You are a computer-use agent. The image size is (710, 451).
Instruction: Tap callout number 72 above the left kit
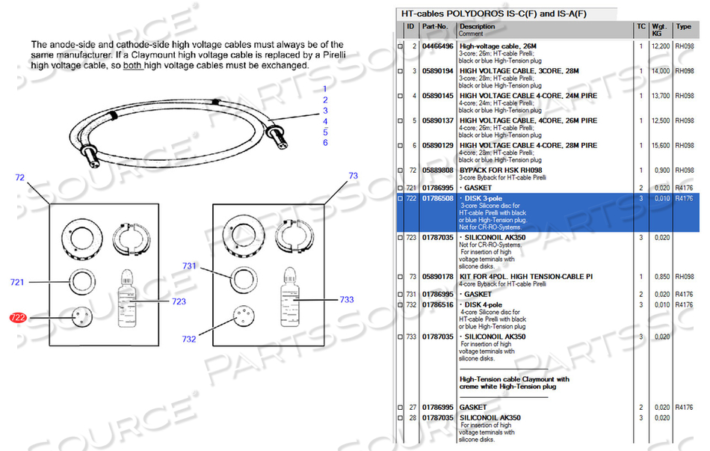(20, 177)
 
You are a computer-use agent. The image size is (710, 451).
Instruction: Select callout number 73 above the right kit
(354, 176)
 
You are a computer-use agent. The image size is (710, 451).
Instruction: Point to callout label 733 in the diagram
(346, 299)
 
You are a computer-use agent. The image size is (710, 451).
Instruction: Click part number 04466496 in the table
(437, 46)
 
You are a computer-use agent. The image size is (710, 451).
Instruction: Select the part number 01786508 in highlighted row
(437, 198)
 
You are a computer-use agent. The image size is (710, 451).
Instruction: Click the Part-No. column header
(435, 27)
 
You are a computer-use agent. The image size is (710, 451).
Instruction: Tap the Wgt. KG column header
(659, 30)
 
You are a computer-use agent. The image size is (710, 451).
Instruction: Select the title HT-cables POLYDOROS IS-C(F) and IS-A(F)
(494, 13)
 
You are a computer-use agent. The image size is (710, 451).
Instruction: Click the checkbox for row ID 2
(400, 47)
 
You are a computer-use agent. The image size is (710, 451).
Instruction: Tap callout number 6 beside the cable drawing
(325, 142)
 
